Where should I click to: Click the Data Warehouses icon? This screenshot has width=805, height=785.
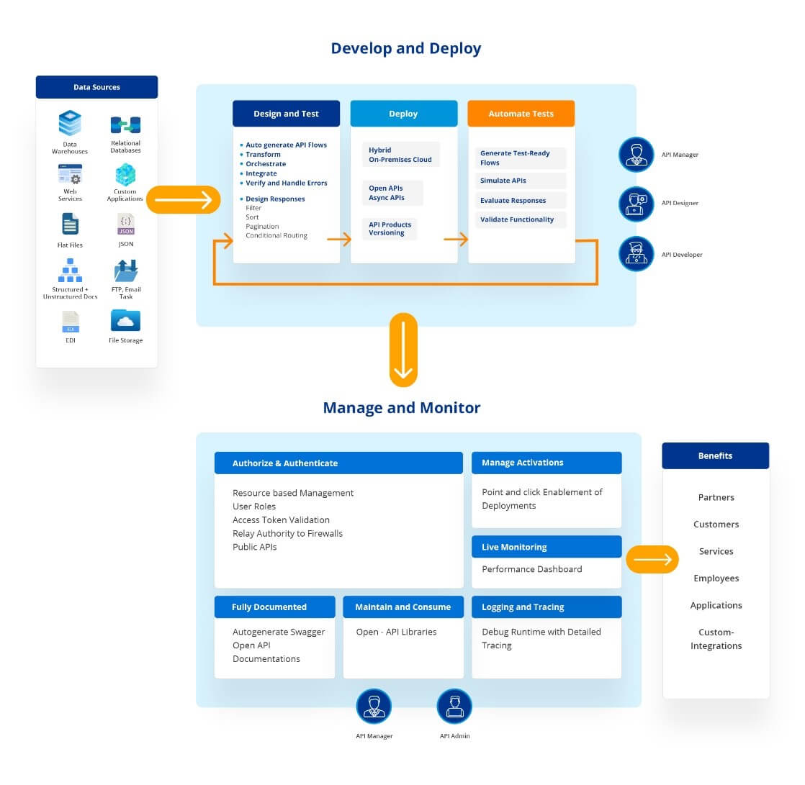point(70,124)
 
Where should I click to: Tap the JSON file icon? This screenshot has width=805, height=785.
point(125,224)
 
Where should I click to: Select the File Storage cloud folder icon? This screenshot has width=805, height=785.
point(125,320)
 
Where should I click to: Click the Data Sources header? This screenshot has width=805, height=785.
point(96,87)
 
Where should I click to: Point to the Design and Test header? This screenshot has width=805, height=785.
point(286,114)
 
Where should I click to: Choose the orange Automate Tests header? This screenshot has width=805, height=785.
point(521,114)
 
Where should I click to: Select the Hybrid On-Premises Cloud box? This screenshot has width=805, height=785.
point(400,155)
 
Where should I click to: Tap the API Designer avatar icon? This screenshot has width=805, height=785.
point(637,204)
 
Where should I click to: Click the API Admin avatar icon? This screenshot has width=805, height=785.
point(454,706)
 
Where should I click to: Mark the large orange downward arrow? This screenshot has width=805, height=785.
point(403,350)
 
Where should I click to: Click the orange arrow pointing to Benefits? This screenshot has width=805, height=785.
point(652,559)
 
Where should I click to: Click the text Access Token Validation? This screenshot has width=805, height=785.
point(281,520)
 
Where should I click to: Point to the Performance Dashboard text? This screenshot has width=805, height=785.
point(531,569)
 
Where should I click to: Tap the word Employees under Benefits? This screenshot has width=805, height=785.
point(716,578)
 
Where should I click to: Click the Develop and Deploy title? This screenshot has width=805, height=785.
point(405,48)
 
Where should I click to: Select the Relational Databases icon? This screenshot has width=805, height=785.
point(125,125)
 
